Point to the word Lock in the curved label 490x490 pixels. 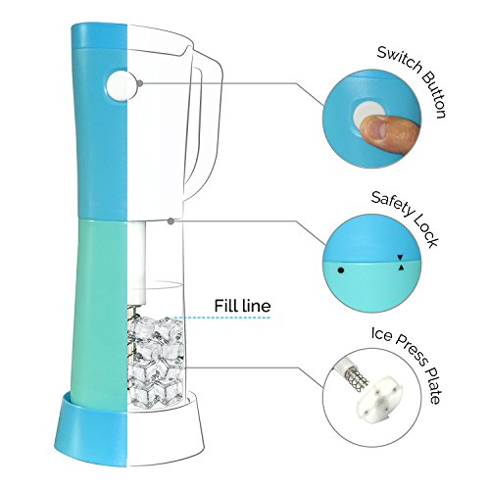[x=425, y=231]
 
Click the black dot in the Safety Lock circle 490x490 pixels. [x=341, y=270]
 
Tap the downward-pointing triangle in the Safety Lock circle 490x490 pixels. [x=400, y=258]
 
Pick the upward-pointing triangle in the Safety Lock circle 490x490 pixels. [x=401, y=268]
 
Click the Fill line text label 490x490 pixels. [x=242, y=306]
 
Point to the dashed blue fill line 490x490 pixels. [x=221, y=318]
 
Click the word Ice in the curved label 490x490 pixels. [x=381, y=333]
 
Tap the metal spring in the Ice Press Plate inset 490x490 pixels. [x=357, y=380]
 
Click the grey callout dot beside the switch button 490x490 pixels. [x=140, y=83]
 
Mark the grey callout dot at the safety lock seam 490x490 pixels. [x=171, y=221]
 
